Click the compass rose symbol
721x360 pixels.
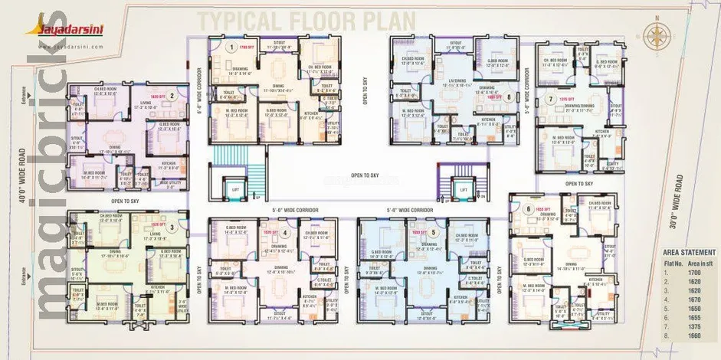(657, 35)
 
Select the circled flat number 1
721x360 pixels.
(230, 47)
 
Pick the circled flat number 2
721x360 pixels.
(173, 97)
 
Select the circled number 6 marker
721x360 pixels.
(527, 208)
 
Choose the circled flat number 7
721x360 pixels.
(550, 98)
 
